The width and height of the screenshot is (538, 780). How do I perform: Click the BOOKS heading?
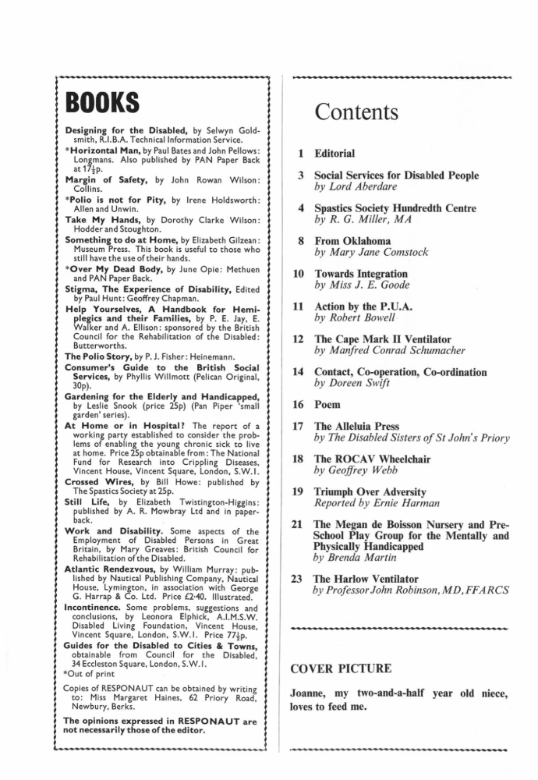tap(101, 103)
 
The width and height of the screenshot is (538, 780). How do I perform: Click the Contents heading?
tap(356, 112)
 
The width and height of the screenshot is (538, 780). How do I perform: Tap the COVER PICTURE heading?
tap(341, 668)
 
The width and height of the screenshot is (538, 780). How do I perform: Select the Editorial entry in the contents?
tap(334, 154)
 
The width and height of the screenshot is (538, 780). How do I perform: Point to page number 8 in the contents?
tap(301, 242)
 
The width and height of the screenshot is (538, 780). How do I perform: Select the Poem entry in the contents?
tap(328, 405)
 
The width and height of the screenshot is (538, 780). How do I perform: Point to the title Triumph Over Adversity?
tap(370, 491)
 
